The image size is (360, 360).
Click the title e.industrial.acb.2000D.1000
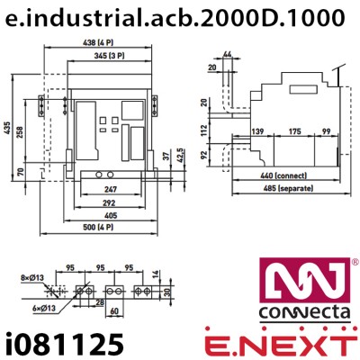pyautogui.click(x=180, y=15)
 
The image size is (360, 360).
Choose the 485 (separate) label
pyautogui.click(x=278, y=191)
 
